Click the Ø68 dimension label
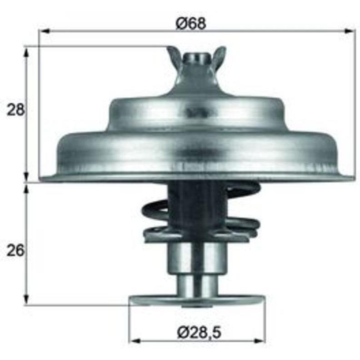point(191,23)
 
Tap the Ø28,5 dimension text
point(199,333)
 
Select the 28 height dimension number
point(15,110)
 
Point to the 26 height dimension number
point(15,250)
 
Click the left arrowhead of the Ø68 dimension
point(44,31)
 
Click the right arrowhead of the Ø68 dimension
point(350,31)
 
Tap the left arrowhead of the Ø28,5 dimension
point(135,341)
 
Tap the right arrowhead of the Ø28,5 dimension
point(260,341)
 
